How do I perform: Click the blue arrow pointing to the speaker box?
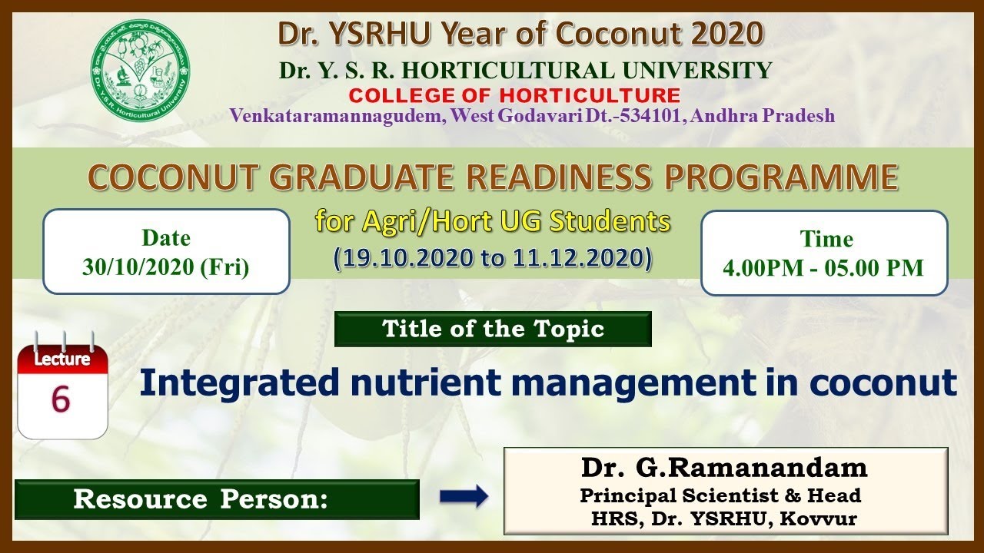(464, 496)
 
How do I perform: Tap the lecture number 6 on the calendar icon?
(61, 399)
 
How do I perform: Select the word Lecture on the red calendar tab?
(62, 359)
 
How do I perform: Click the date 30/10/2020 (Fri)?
(165, 268)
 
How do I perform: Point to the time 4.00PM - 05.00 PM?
(823, 268)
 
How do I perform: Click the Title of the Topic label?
(493, 329)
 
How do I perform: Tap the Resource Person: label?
(201, 499)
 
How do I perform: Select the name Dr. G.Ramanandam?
(724, 467)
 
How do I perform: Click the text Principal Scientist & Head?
(720, 495)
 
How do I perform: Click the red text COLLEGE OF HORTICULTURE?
(514, 96)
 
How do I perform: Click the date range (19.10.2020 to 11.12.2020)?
(493, 257)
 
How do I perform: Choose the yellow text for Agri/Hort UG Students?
(493, 222)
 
